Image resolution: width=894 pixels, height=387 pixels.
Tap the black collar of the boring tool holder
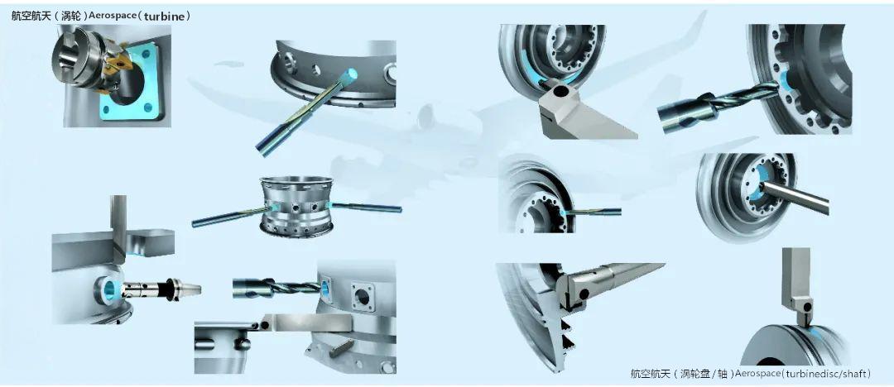[x=170, y=289]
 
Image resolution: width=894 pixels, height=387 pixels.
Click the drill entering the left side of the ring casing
[x=230, y=217]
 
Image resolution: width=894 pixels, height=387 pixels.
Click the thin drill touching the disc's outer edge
[x=592, y=212]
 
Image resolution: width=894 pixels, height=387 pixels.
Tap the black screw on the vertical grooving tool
[x=806, y=306]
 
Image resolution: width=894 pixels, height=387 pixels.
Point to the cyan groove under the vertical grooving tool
[x=812, y=333]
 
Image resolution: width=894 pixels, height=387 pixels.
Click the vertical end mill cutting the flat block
[x=118, y=228]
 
